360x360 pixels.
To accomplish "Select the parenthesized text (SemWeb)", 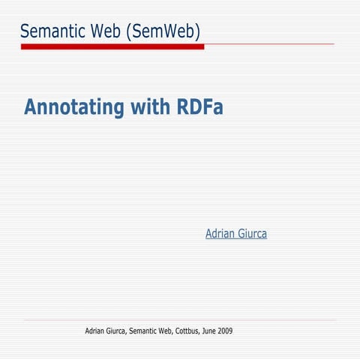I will coord(163,31).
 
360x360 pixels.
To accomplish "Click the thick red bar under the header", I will coord(112,46).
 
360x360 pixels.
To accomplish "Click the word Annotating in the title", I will coord(73,108).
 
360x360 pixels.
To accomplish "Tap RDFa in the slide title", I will coord(200,107).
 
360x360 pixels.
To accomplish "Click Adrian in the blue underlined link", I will coord(220,234).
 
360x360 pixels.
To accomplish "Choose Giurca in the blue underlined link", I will coord(252,234).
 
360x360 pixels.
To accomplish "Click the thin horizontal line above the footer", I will coord(180,320).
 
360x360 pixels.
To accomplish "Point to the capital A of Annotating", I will coord(31,107).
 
